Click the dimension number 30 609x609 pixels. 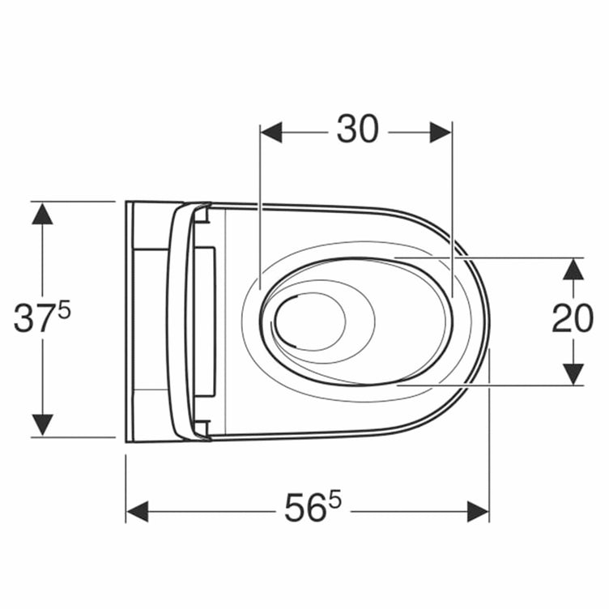tap(357, 129)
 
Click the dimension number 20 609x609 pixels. tap(573, 318)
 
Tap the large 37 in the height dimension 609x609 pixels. tap(35, 318)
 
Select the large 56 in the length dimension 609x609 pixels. tap(305, 507)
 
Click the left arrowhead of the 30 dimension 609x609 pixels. tap(271, 133)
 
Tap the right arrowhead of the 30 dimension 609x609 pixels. tap(441, 133)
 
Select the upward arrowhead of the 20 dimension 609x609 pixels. tap(573, 269)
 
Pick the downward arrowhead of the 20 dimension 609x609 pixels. tap(573, 374)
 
